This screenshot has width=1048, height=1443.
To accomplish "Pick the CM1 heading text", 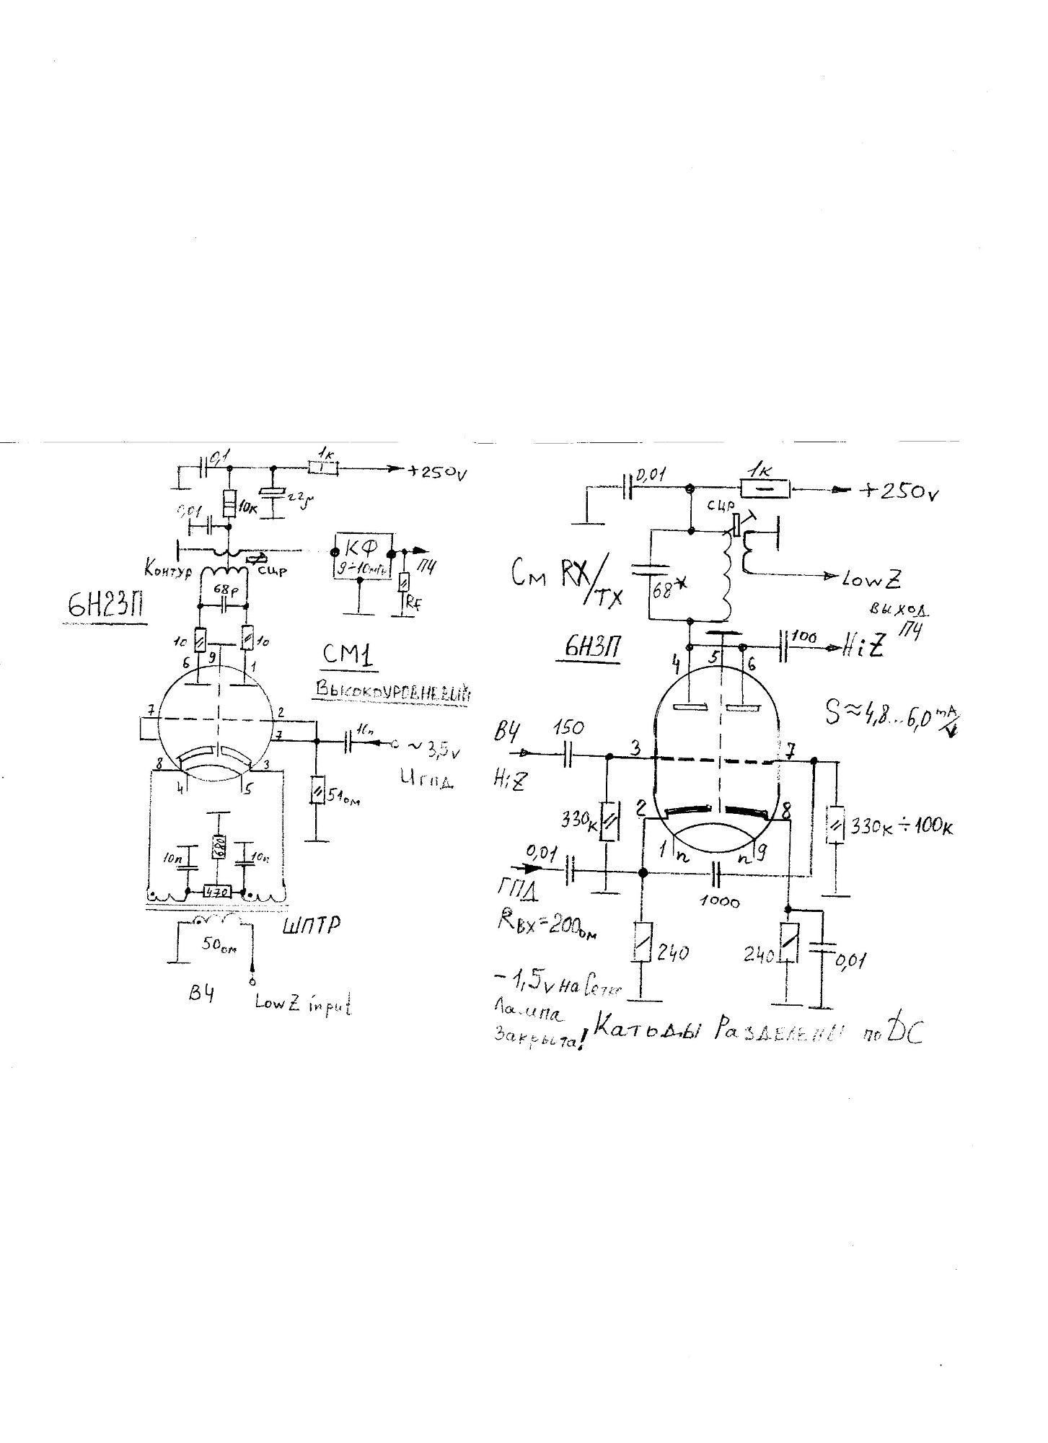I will coord(349,656).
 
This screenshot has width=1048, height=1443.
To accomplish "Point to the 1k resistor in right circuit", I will coord(765,490).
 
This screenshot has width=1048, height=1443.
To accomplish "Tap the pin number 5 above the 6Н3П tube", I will coord(714,657).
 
